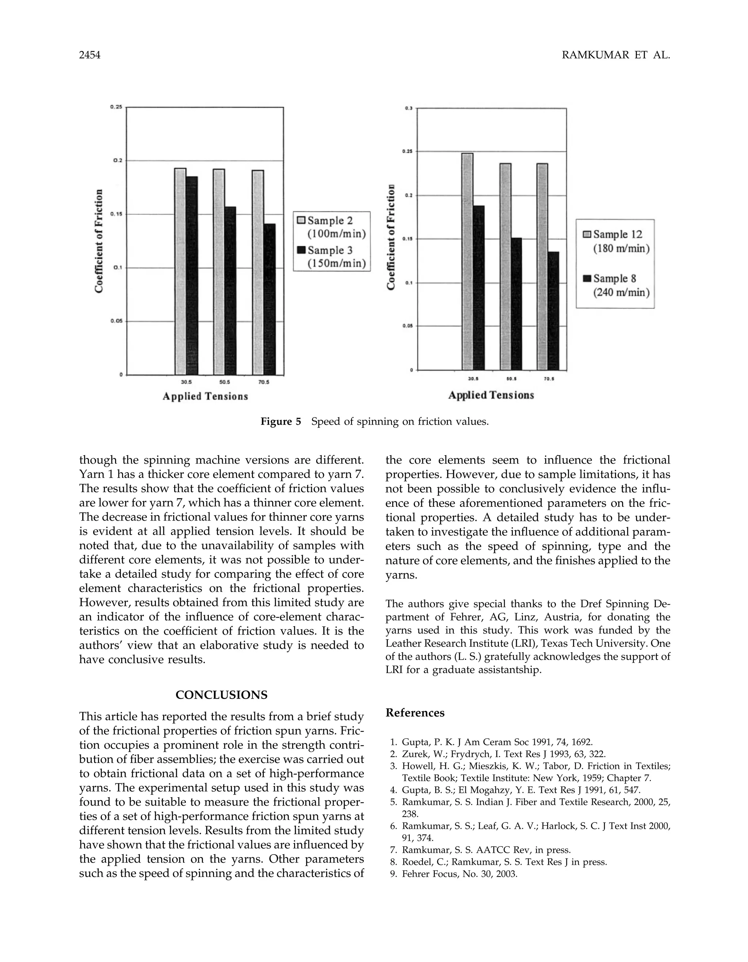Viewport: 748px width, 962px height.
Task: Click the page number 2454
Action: pos(90,56)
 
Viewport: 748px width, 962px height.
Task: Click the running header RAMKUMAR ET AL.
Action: pos(615,56)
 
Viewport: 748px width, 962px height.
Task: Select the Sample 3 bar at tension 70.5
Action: pos(270,299)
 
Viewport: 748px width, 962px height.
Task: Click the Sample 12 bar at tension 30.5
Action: pos(467,261)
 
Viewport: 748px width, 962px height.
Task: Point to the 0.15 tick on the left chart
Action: pos(117,214)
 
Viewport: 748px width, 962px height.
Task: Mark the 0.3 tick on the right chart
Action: pos(409,109)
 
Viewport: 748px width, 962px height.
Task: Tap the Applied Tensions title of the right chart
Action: pos(491,395)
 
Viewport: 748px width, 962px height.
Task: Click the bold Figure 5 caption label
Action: pos(280,422)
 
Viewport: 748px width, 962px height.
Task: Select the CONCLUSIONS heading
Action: pos(221,695)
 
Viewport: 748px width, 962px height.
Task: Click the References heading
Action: pos(415,713)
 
